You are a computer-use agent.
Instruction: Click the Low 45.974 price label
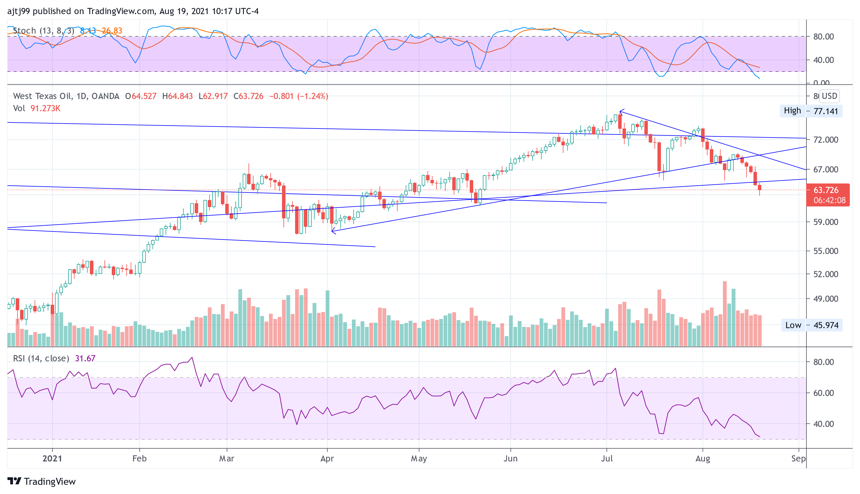tap(811, 325)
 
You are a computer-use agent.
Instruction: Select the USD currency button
tap(829, 96)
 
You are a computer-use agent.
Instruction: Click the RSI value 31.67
tap(85, 358)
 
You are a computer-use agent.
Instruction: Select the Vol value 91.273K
tap(45, 108)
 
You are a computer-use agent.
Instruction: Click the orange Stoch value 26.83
tap(112, 31)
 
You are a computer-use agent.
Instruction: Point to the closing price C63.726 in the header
tap(249, 96)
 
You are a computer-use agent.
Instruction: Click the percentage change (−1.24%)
tap(312, 96)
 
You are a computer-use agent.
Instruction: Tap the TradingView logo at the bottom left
tap(41, 481)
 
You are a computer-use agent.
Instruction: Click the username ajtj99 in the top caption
tap(18, 11)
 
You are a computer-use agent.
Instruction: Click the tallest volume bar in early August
tap(725, 313)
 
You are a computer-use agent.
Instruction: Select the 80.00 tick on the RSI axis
tap(823, 362)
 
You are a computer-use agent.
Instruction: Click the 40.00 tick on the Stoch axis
tap(823, 60)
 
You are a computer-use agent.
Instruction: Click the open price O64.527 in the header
tap(141, 96)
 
